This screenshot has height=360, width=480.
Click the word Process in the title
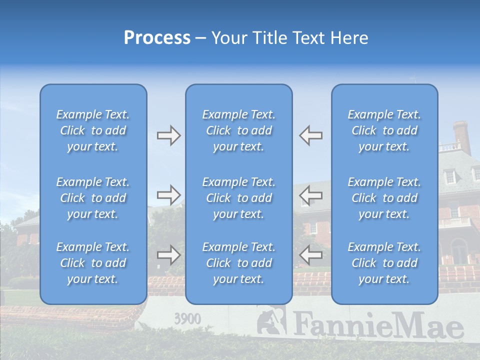[x=157, y=38]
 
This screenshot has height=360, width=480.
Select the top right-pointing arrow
[x=168, y=135]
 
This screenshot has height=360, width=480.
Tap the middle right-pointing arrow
[x=168, y=194]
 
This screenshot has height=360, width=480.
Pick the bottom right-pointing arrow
[x=168, y=255]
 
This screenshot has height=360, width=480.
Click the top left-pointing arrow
[x=311, y=135]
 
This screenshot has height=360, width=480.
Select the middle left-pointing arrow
[x=311, y=194]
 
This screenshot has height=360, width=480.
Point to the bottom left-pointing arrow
[x=311, y=255]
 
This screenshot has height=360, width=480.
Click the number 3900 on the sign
[x=187, y=318]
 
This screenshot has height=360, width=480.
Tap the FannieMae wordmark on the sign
[x=378, y=325]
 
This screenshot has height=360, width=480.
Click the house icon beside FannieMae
[x=272, y=322]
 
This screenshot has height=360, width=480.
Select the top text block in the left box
[x=93, y=130]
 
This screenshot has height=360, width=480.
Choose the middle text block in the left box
[x=93, y=198]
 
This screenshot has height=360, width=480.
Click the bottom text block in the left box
[x=93, y=263]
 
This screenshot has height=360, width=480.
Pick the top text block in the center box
[x=238, y=130]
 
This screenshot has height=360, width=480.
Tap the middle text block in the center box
[x=238, y=198]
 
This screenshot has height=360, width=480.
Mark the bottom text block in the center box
[x=238, y=263]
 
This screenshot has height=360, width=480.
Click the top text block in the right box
[x=384, y=130]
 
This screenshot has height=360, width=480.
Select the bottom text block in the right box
[x=384, y=263]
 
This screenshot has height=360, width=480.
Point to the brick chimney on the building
[x=461, y=136]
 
